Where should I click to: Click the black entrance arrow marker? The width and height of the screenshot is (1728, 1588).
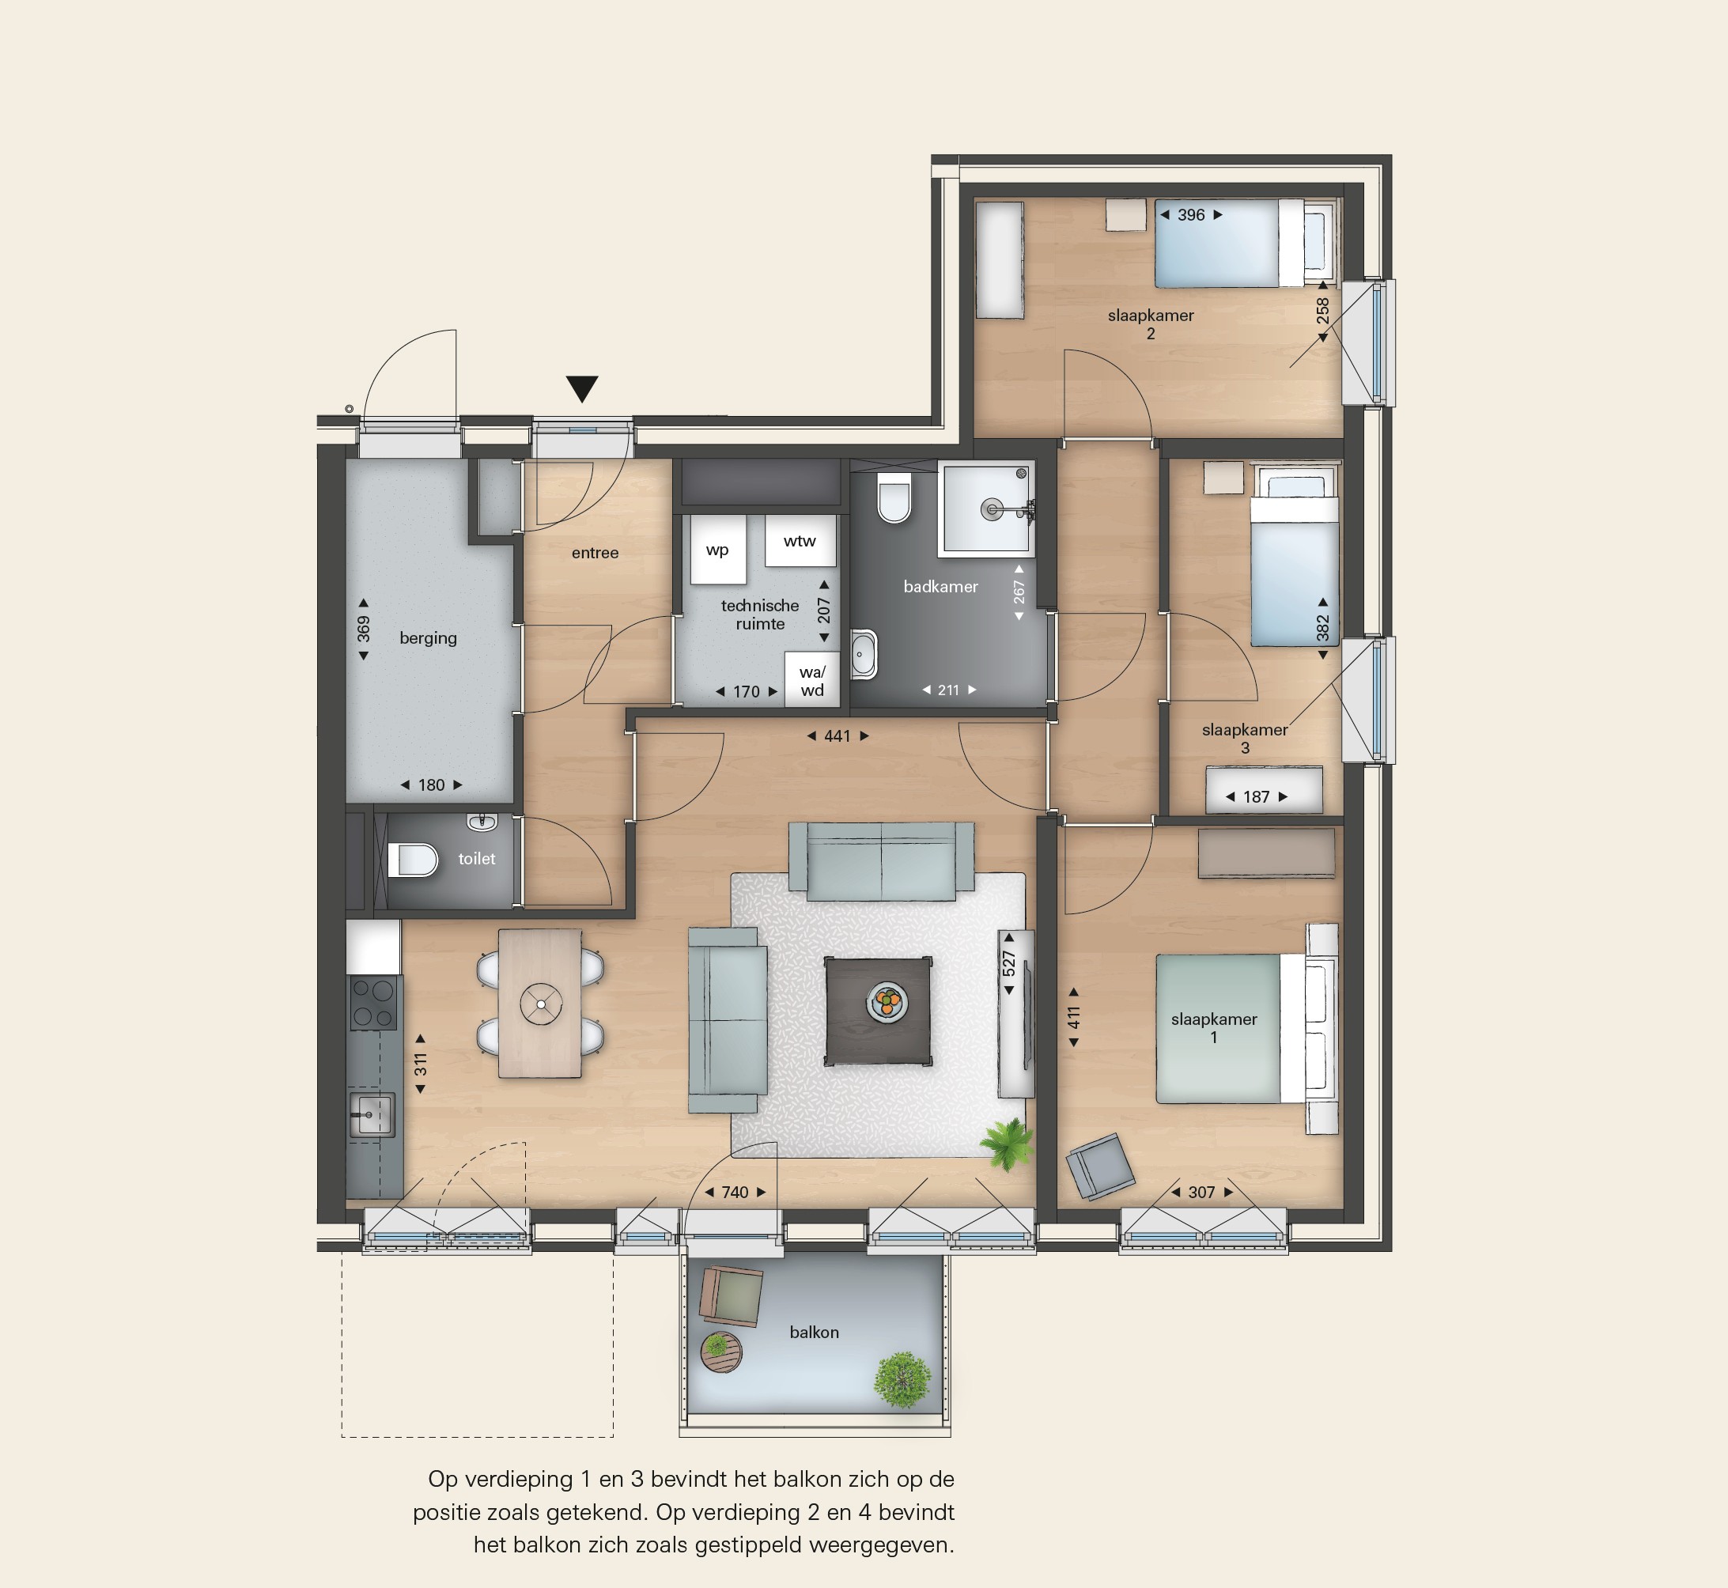582,388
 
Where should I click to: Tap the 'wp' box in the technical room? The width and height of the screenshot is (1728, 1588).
717,550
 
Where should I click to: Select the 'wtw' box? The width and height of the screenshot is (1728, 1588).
800,540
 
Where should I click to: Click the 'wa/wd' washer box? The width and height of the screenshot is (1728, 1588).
812,679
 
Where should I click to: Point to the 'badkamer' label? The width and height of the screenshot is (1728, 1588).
941,587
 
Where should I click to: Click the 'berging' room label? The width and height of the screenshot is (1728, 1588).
428,637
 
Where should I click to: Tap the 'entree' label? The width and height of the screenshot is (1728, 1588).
595,553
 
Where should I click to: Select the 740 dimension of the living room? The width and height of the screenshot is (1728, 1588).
735,1192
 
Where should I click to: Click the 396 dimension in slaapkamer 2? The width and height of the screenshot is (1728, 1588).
1191,215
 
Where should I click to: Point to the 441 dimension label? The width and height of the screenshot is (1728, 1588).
837,735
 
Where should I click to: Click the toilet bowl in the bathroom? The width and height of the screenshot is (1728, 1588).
894,497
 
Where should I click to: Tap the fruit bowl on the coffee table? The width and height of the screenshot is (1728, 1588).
887,1001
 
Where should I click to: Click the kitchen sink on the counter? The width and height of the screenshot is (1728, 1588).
372,1115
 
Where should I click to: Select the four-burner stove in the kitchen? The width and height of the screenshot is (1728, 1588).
374,1003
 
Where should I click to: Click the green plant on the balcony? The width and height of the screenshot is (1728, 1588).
902,1380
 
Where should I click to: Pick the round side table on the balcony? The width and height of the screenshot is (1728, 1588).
720,1352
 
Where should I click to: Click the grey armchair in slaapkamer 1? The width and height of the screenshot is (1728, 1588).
1100,1165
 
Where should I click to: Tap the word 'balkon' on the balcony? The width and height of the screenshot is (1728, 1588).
814,1332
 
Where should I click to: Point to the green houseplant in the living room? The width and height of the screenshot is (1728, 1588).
1008,1143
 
